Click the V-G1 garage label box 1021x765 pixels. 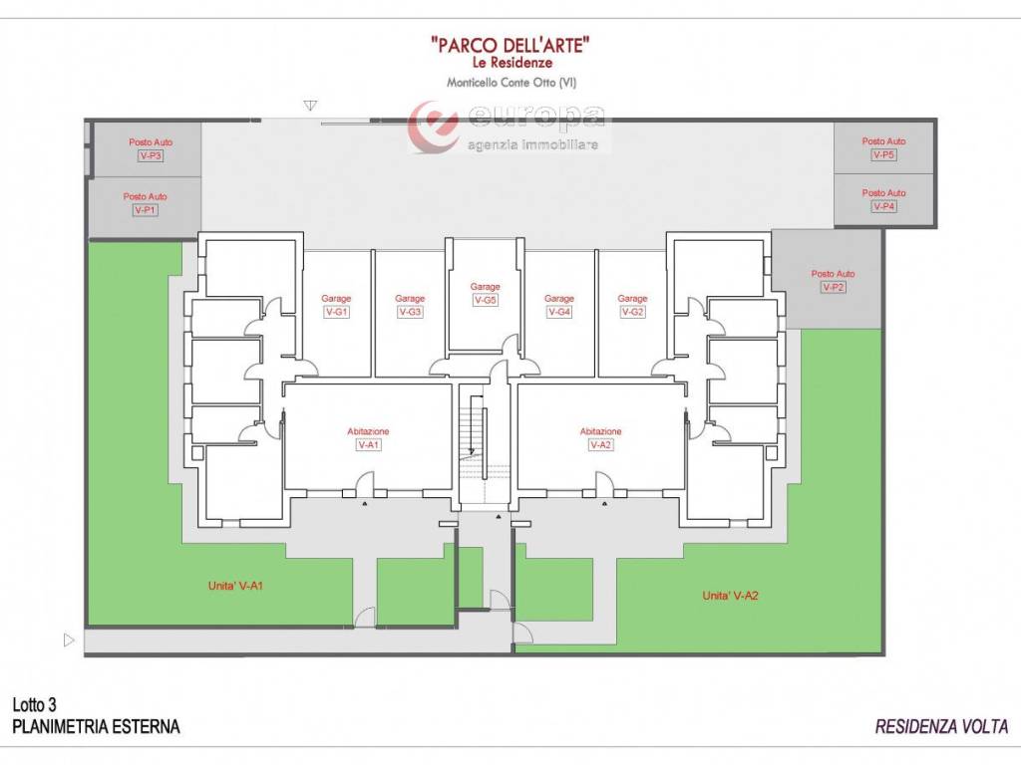(336, 312)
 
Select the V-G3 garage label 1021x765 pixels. (410, 312)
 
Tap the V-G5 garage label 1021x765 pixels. (486, 300)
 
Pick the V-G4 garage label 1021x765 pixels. (558, 312)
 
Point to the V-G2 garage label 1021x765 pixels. (632, 312)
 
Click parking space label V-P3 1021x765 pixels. (151, 155)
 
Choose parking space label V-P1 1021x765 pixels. (146, 209)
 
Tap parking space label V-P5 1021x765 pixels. (883, 154)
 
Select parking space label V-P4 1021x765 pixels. (883, 206)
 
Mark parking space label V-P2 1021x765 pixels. (833, 287)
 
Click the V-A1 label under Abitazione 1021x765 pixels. (368, 445)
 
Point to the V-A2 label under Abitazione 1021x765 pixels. (601, 445)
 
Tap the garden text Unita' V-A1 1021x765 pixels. (235, 586)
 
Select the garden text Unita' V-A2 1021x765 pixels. (730, 596)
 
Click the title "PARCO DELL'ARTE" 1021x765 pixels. (511, 45)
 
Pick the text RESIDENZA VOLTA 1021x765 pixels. (941, 726)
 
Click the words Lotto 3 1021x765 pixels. (35, 704)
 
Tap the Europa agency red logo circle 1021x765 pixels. (433, 127)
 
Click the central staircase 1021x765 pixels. (474, 432)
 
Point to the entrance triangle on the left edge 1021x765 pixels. (69, 640)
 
